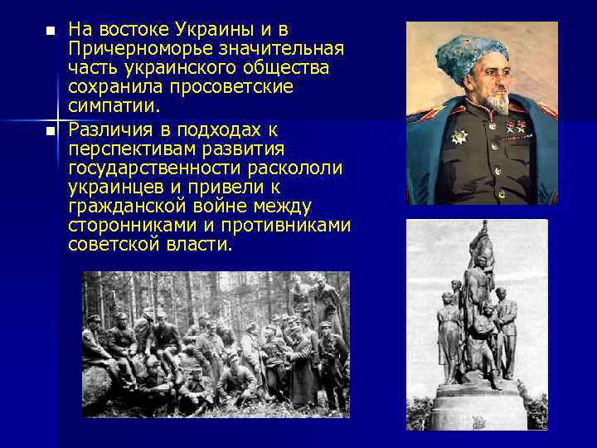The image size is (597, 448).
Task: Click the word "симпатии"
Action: pos(116,105)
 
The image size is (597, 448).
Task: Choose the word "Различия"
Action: pos(109,129)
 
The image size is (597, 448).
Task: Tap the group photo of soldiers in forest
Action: pos(216,343)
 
